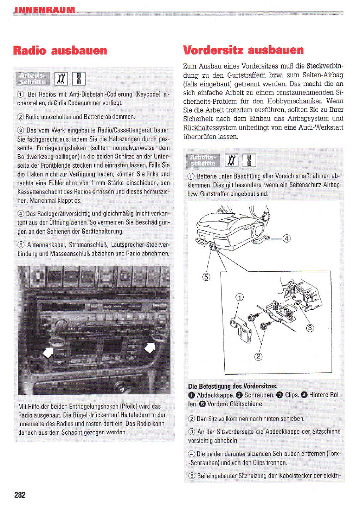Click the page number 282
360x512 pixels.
[x=20, y=495]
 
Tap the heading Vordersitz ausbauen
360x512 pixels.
[x=243, y=50]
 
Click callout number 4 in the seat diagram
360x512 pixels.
[x=287, y=238]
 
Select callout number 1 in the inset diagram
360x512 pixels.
[x=239, y=296]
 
